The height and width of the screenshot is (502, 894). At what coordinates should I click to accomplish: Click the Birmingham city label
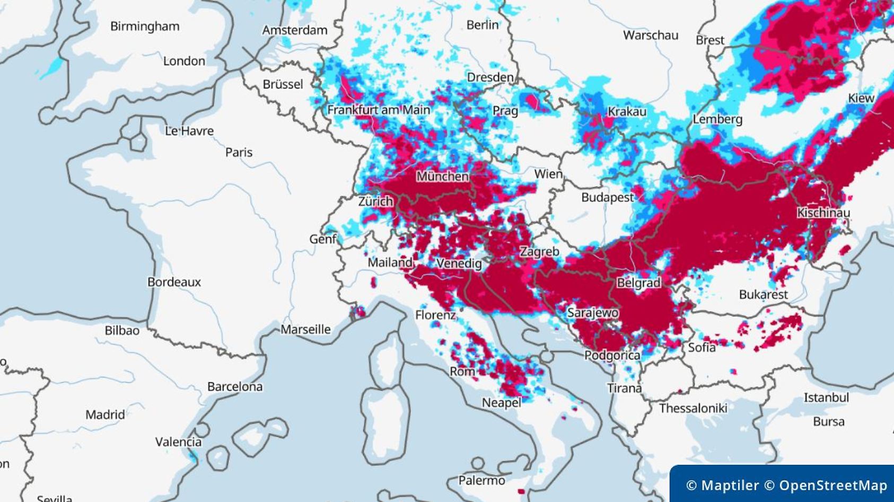pos(145,27)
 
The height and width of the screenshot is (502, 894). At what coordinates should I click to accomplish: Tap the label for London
pos(184,61)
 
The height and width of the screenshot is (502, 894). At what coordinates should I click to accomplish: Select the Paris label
pos(239,152)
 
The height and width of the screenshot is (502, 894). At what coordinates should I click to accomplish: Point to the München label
pos(442,176)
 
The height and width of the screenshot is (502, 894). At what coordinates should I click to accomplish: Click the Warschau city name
pos(651,36)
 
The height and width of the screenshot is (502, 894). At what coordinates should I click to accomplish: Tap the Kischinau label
pos(823,213)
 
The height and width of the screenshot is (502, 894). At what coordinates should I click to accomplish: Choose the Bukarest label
pos(764,294)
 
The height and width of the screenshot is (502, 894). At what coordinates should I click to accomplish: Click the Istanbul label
pos(826,398)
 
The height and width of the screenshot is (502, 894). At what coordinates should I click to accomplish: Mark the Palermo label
pos(481,480)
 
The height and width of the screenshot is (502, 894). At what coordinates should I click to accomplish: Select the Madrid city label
pos(105,415)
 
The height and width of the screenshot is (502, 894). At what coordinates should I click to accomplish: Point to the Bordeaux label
pos(174,282)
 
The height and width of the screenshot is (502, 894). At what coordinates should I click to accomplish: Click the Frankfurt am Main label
pos(379,110)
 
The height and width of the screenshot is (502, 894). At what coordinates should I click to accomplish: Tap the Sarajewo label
pos(592,313)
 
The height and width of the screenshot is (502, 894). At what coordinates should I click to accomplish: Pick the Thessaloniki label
pos(693,408)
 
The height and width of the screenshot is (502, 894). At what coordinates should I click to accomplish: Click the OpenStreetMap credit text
pos(832,486)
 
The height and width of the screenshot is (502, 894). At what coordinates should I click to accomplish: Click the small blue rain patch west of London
pos(51,68)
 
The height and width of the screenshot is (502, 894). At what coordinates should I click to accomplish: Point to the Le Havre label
pos(189,130)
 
